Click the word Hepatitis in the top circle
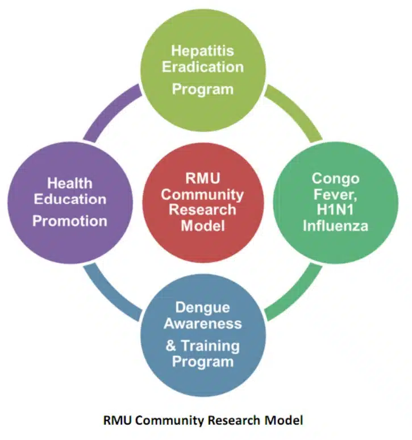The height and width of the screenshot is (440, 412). coord(202,51)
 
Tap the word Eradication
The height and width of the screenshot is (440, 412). coord(203,67)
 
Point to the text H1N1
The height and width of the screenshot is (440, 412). coord(335,209)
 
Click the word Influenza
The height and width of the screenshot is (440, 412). coord(336,226)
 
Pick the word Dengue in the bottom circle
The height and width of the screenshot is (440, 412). coord(203,308)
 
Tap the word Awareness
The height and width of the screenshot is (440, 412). coord(203,324)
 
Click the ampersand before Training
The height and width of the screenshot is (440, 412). coord(170,346)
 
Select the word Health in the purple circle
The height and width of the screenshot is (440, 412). coord(70,183)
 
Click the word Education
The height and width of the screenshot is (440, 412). coord(70,199)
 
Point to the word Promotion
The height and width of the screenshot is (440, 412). coord(70,221)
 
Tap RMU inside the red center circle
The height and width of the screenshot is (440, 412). coord(202,178)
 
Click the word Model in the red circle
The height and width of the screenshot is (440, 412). coord(203,226)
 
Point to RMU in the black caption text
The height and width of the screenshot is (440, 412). coord(118,420)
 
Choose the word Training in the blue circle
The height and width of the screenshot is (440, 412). coord(210,346)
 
